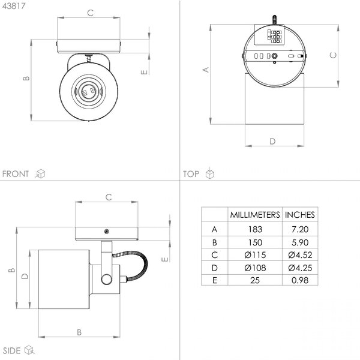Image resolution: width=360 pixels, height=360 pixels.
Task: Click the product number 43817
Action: point(14,6)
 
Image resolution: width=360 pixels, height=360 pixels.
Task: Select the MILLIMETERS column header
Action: point(255,215)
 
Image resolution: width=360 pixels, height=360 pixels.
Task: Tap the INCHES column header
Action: point(300,215)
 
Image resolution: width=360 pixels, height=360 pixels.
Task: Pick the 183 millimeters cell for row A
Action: point(255,229)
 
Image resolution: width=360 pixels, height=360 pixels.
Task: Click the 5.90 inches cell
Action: point(300,242)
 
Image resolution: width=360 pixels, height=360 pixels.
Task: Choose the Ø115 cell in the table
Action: point(255,255)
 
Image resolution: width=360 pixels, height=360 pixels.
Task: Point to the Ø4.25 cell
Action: point(300,268)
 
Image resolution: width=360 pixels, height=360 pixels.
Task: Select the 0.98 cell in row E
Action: point(300,280)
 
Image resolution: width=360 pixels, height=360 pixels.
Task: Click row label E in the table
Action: point(215,280)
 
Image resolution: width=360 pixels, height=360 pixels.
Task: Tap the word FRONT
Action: point(16,174)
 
